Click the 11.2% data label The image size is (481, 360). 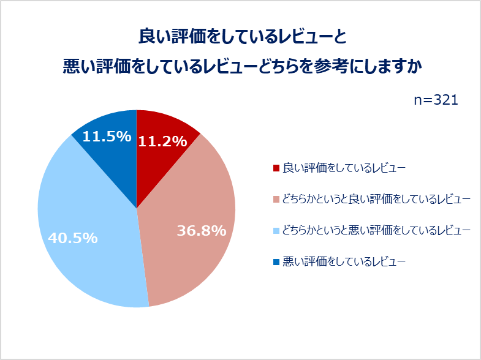click(x=162, y=141)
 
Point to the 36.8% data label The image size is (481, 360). click(x=202, y=231)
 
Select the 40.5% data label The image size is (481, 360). click(x=72, y=238)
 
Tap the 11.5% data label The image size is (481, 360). click(x=107, y=137)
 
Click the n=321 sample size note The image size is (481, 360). click(x=436, y=100)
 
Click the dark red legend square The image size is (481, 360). click(x=276, y=168)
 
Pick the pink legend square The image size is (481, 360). click(x=276, y=199)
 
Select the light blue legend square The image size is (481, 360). click(x=276, y=231)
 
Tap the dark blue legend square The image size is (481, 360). click(x=276, y=262)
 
